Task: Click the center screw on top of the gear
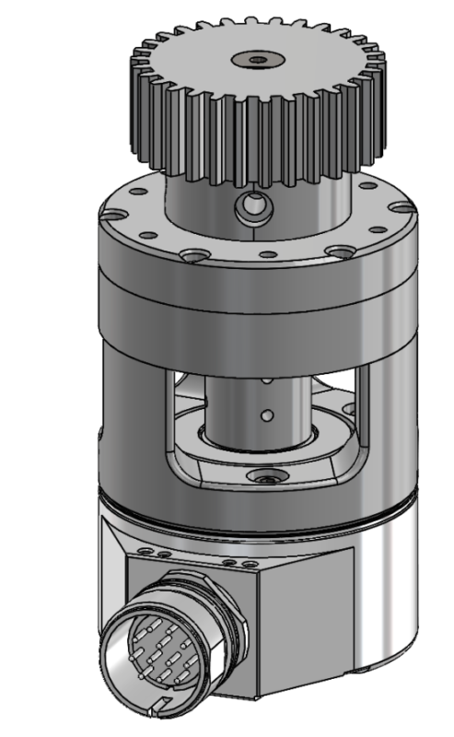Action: [260, 59]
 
